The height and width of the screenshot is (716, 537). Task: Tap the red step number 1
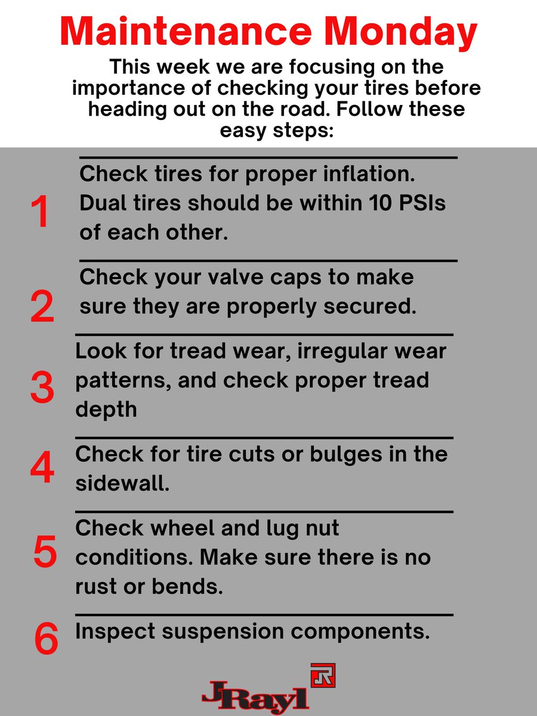40,211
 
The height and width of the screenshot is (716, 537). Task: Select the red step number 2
42,306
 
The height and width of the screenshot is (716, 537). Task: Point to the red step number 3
42,387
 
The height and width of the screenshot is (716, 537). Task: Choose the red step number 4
42,467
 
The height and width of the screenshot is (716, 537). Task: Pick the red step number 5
45,551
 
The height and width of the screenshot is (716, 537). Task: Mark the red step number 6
47,638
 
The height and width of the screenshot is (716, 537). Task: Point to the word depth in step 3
106,411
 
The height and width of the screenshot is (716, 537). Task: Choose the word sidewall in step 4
122,483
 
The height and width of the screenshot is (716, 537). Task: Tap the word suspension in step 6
223,632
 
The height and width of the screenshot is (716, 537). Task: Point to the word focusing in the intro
332,68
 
